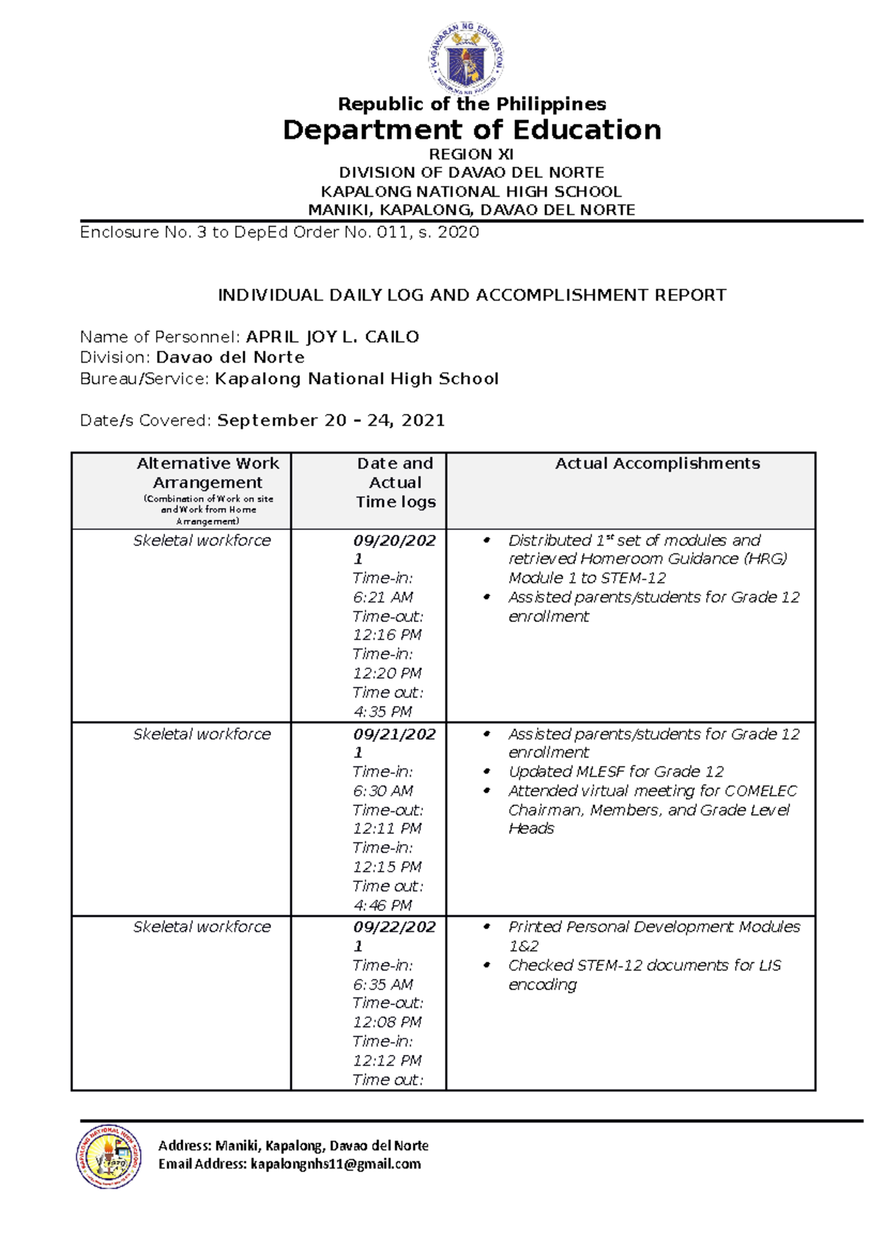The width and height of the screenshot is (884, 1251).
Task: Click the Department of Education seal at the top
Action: [x=466, y=58]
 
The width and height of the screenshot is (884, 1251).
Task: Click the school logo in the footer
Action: [x=109, y=1156]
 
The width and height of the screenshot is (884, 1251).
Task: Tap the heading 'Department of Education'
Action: [x=471, y=130]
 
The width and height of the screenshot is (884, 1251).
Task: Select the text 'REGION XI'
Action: [x=471, y=154]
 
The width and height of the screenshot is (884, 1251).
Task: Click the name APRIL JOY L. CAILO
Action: [x=332, y=337]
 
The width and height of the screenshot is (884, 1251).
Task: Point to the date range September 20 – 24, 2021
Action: [x=331, y=420]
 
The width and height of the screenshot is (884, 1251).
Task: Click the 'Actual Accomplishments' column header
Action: [x=657, y=463]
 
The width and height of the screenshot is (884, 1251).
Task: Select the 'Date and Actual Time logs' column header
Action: [x=396, y=483]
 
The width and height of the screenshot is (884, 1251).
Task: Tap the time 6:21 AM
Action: [x=383, y=597]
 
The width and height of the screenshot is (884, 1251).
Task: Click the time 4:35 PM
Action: [x=382, y=712]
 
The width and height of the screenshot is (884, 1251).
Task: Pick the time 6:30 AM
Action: [x=383, y=791]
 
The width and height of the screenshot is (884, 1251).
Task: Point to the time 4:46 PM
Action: [x=382, y=905]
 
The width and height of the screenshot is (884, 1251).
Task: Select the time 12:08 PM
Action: [x=387, y=1022]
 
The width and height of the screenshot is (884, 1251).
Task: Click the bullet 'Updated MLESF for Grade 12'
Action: [x=616, y=771]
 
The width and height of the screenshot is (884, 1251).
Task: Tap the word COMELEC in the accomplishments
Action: [x=760, y=791]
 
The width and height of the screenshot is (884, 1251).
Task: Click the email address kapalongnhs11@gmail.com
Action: [x=335, y=1164]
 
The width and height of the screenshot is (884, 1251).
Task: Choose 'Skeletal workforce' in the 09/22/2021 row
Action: [x=202, y=927]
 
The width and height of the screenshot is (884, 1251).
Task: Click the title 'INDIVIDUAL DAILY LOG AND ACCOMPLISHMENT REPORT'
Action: [x=471, y=295]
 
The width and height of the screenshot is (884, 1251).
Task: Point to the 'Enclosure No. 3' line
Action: [x=279, y=232]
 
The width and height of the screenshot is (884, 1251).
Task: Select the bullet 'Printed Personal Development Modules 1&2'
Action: [x=653, y=936]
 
